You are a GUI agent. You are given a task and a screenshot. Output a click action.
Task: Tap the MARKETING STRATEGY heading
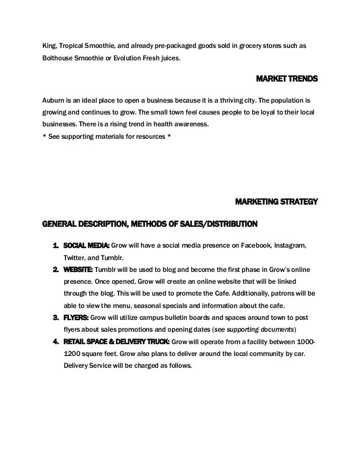tap(276, 201)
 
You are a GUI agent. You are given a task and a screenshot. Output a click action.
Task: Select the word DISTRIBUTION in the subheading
tap(227, 224)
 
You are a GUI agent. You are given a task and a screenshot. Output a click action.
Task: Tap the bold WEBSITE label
tap(78, 269)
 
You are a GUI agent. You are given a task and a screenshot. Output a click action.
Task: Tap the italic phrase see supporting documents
tap(251, 329)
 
